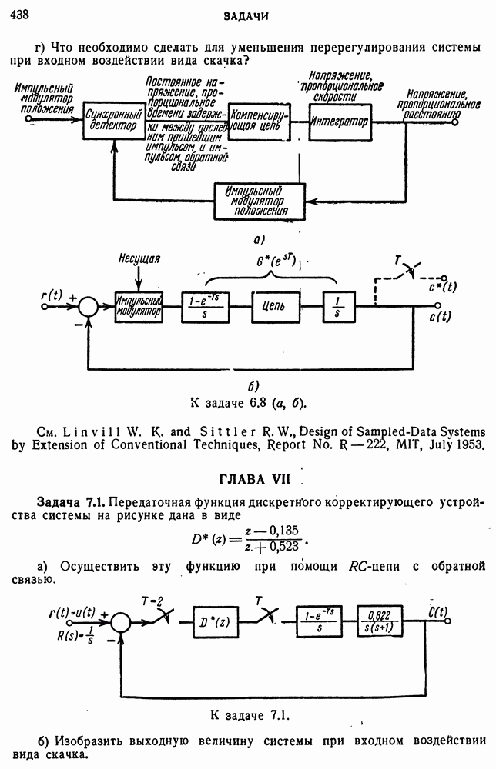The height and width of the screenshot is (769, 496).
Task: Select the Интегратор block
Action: pos(339,122)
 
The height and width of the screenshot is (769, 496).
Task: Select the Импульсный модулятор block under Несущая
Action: pos(139,305)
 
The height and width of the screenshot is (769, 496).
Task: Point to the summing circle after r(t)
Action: pos(89,305)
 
